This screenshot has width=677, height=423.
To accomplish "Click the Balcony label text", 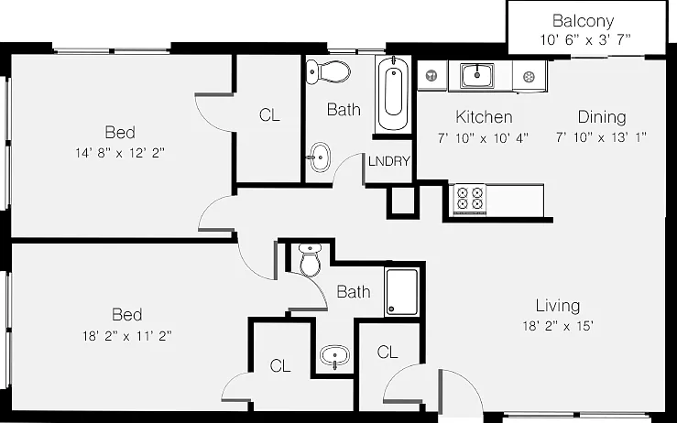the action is [x=583, y=20].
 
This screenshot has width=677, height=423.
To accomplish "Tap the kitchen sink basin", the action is [x=477, y=75].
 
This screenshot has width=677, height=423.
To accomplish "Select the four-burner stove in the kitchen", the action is [x=470, y=199].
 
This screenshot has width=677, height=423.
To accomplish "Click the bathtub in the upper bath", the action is [x=393, y=94].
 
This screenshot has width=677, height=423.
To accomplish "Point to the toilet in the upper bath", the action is [x=328, y=71].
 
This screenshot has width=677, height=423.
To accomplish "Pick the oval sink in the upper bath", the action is [x=320, y=157].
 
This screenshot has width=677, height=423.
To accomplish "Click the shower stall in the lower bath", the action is [x=401, y=292].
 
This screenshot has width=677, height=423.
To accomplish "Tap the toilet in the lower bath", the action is [x=311, y=260].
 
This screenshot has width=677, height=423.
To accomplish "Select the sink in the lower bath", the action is [x=334, y=356].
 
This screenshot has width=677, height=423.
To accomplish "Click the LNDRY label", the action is [x=388, y=161].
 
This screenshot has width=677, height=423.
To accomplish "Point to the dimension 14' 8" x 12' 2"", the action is [x=120, y=153].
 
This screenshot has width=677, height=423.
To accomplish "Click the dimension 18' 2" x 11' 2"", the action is [x=127, y=336].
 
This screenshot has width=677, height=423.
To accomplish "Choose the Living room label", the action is [x=558, y=306].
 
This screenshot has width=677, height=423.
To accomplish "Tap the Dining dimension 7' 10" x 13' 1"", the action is [x=601, y=137].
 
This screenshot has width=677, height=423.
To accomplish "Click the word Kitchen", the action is [x=484, y=117].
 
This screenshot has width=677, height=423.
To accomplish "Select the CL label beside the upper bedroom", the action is [x=269, y=114].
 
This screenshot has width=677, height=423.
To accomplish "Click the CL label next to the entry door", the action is [x=388, y=352].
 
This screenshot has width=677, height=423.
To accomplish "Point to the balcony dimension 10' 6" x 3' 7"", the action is [x=585, y=40].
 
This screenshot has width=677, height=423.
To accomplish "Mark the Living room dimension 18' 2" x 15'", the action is [x=558, y=326].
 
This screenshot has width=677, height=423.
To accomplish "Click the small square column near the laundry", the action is [x=402, y=201].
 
